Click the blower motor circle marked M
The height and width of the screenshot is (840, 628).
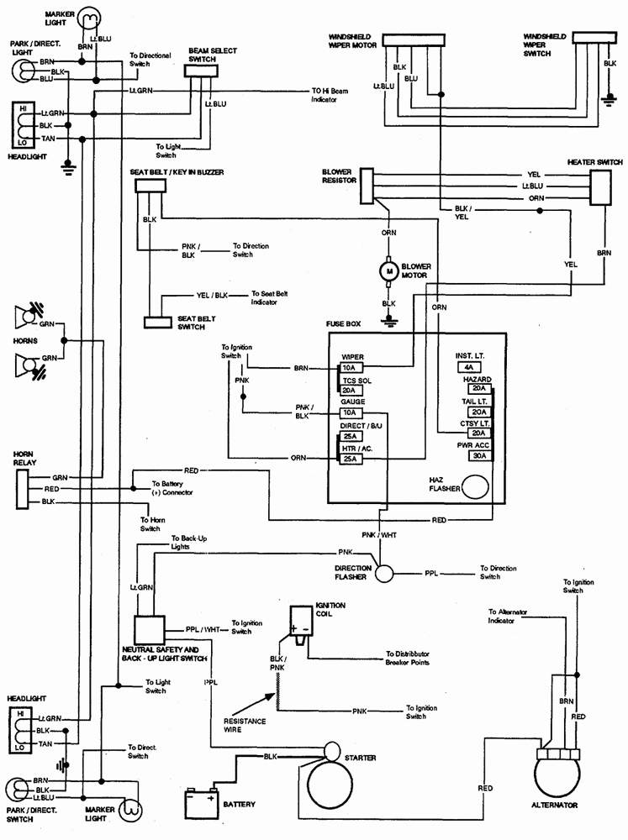[388, 270]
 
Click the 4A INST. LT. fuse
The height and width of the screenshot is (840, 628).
[467, 368]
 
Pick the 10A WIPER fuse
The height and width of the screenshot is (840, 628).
[350, 368]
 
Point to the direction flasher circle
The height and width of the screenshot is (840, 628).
[384, 575]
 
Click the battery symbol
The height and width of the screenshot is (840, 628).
[201, 804]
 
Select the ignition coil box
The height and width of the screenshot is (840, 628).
[300, 623]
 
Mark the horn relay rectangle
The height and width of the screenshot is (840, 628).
[22, 489]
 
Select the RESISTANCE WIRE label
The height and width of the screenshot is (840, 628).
[245, 726]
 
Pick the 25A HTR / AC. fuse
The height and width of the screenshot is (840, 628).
[350, 459]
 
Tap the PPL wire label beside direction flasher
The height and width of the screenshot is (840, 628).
[430, 575]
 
